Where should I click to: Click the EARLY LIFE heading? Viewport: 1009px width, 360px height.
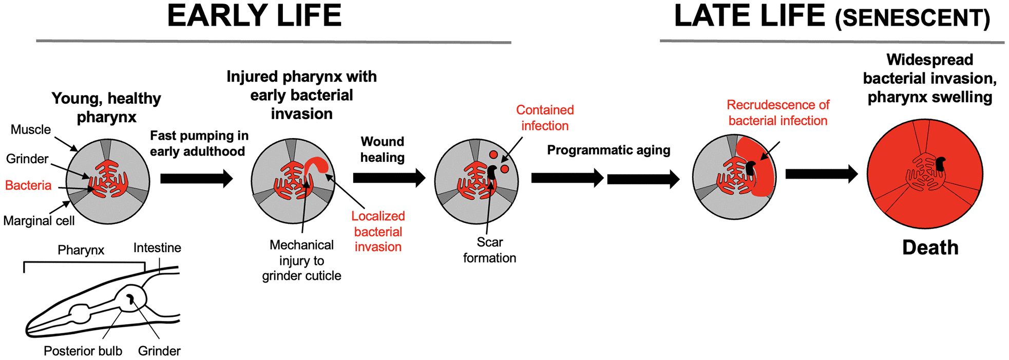coord(254,16)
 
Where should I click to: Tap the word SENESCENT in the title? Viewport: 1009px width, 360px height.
coord(912,18)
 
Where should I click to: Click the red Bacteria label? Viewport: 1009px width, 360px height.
coord(28,185)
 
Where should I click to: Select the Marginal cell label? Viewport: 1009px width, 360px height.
coord(39,221)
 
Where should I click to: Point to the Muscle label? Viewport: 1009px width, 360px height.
coord(31,129)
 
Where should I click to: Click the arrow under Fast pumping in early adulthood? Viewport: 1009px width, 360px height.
coord(196,179)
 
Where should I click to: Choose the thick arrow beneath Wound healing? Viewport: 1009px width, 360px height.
coord(389,178)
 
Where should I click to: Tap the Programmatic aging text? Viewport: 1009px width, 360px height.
coord(608,150)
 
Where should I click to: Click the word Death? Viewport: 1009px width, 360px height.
coord(930,248)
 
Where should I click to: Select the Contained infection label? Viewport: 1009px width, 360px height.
coord(545,118)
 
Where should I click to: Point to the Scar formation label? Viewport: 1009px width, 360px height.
coord(489,250)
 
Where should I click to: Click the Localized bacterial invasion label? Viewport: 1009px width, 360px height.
coord(378,232)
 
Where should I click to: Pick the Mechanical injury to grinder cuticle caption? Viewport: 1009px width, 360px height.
coord(301,260)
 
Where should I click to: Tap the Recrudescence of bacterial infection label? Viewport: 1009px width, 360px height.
coord(778,113)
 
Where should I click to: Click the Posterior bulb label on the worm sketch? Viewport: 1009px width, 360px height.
coord(83,351)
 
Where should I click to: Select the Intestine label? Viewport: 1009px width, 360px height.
coord(157,248)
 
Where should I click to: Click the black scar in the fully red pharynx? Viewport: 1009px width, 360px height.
coord(940,164)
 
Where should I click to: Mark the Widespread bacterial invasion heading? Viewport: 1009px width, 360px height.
coord(929,78)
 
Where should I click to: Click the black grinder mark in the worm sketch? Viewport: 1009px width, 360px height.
coord(130,299)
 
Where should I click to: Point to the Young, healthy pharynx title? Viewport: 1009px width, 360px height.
coord(106,107)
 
